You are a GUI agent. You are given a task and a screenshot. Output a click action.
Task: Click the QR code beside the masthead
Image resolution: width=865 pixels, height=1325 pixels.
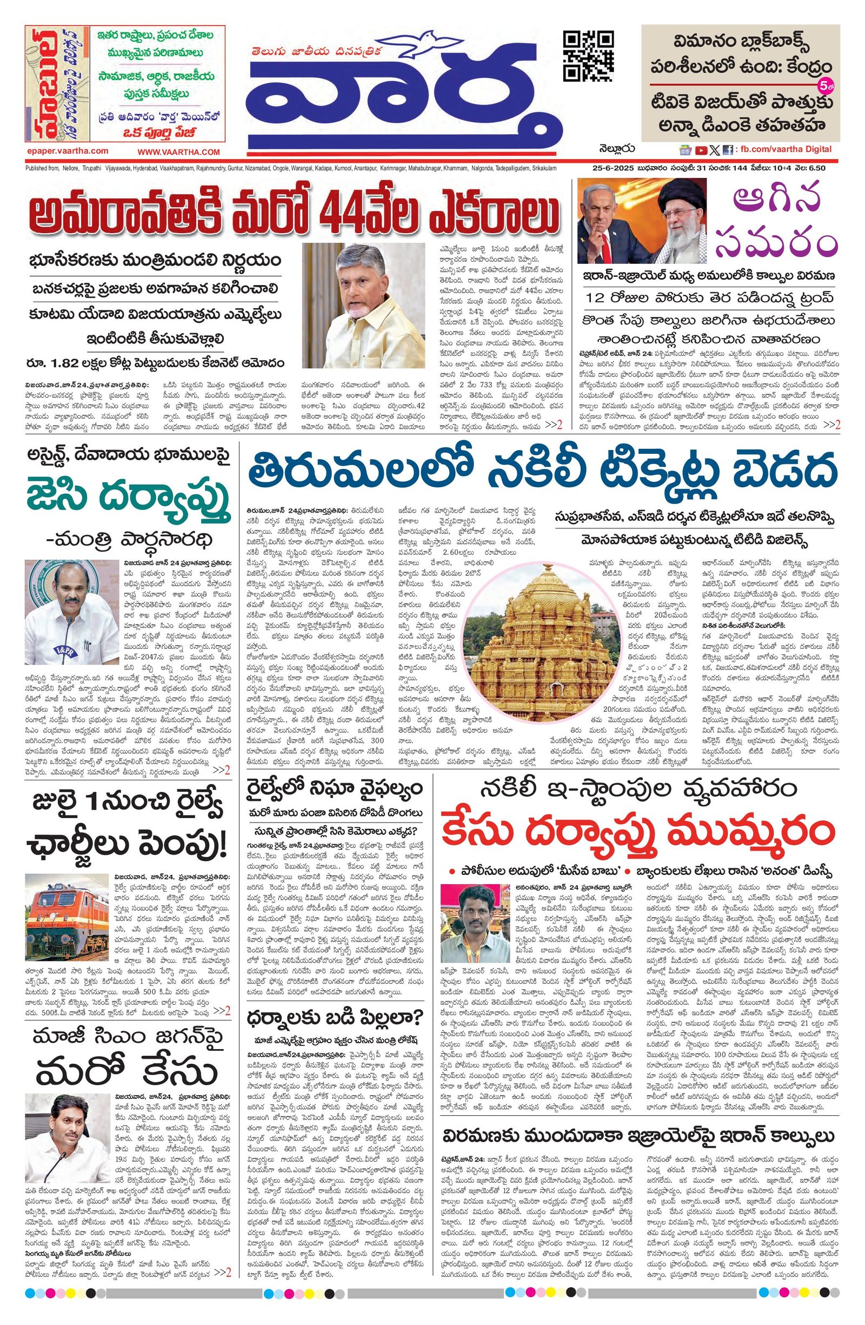coord(588,56)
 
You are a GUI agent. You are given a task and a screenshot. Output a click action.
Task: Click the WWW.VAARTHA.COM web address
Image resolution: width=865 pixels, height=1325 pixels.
coord(179,152)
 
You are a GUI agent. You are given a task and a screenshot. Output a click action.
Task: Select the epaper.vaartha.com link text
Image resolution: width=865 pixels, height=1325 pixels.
coord(68,151)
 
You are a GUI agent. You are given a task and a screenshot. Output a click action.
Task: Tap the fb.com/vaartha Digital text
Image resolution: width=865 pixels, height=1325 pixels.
coord(785,149)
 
